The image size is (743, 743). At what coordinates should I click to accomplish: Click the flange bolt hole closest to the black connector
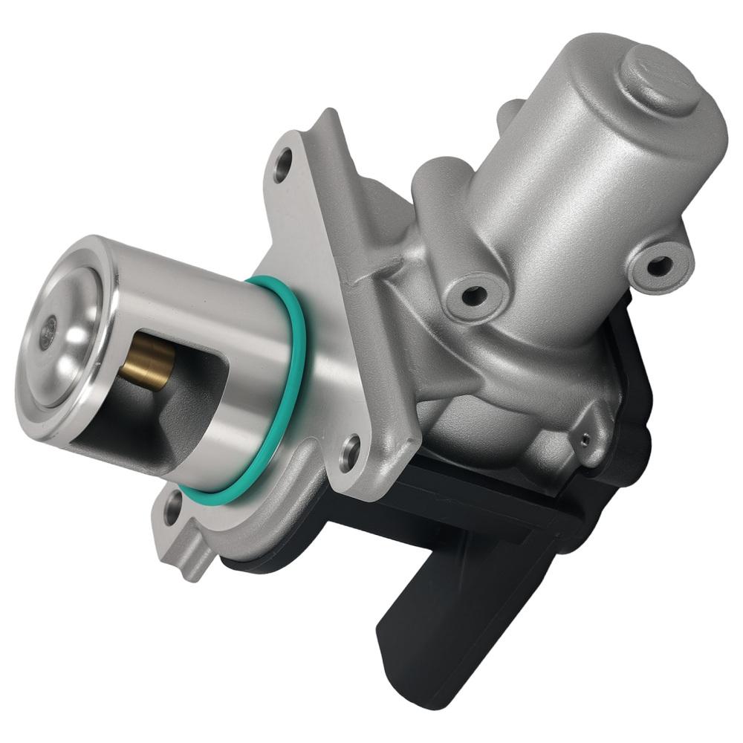tap(349, 449)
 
